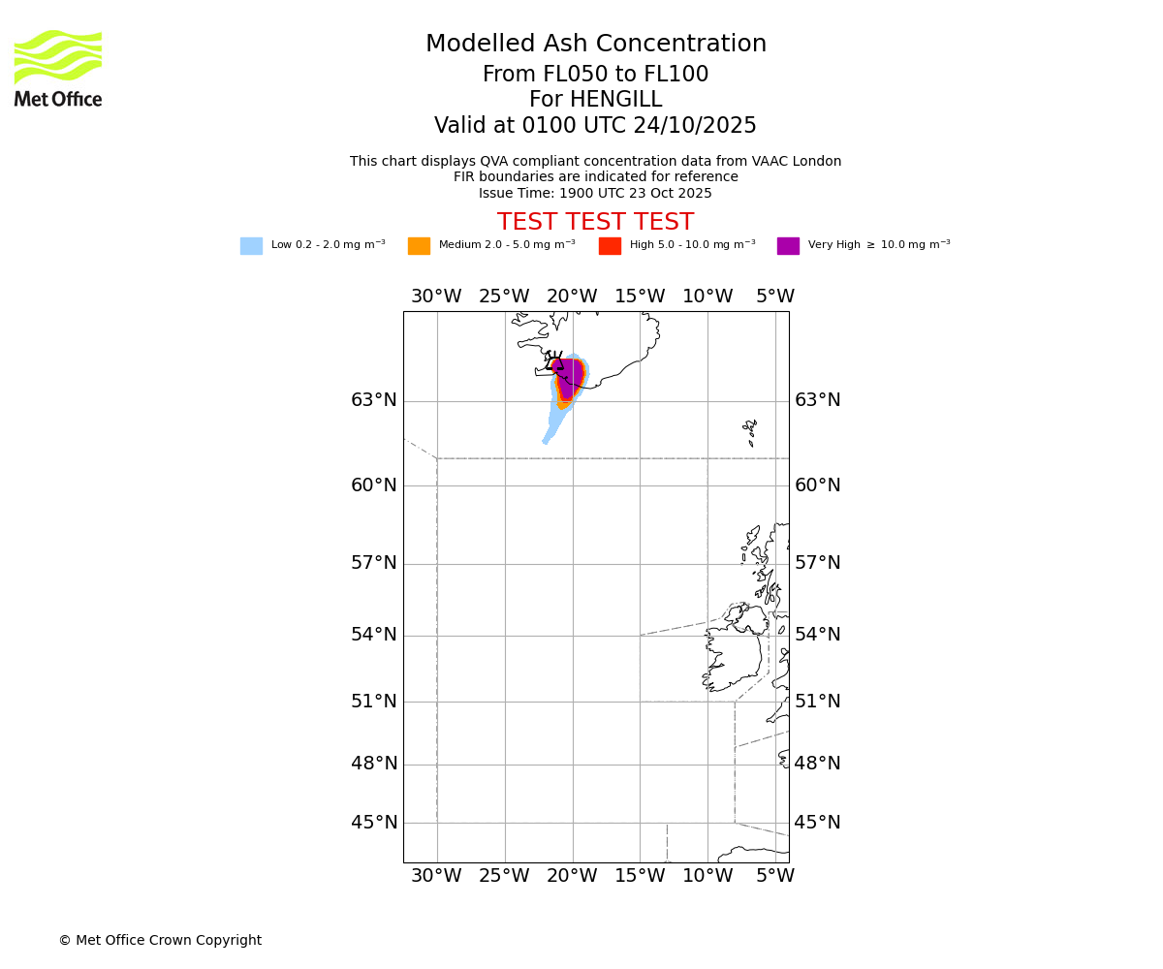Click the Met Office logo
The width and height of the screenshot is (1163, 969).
click(x=58, y=68)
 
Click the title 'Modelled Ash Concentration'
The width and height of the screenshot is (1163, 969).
click(x=595, y=45)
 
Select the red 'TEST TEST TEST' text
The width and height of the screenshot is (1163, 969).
click(x=595, y=223)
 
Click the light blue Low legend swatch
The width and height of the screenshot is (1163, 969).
click(x=251, y=246)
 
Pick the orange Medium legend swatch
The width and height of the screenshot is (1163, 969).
click(x=419, y=246)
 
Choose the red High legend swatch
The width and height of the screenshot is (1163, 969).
click(x=610, y=246)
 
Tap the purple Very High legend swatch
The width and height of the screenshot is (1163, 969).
click(x=788, y=246)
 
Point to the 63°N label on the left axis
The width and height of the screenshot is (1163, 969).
click(x=374, y=400)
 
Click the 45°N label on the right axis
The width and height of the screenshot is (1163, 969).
click(x=818, y=823)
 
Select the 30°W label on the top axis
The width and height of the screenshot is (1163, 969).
click(x=436, y=297)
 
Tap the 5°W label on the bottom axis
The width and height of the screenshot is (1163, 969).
click(x=775, y=876)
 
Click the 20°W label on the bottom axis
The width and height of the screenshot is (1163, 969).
click(x=572, y=876)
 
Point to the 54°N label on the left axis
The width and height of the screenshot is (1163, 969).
click(x=374, y=635)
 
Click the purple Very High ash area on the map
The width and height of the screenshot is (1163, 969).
click(x=572, y=376)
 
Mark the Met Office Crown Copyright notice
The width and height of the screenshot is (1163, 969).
click(x=160, y=940)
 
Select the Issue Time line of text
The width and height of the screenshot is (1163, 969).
click(x=595, y=193)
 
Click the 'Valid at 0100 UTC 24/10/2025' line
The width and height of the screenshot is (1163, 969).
click(x=595, y=126)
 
